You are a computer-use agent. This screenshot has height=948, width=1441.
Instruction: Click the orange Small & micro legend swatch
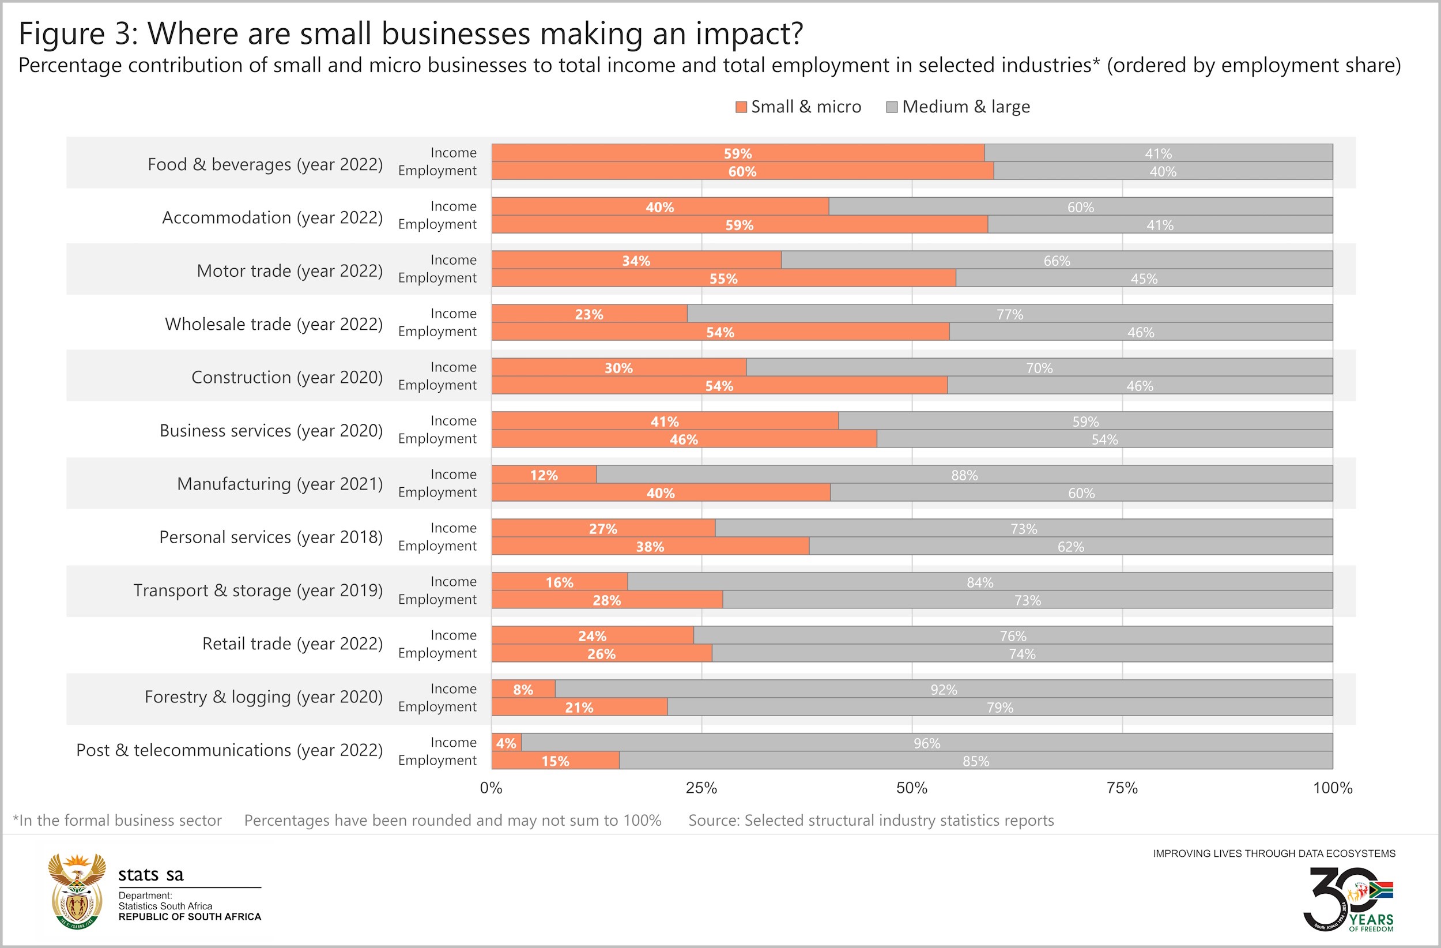(741, 107)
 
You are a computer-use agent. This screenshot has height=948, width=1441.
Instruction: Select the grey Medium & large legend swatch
(891, 107)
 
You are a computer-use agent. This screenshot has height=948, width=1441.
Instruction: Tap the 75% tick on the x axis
(1122, 788)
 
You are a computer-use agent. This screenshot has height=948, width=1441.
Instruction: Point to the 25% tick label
(701, 788)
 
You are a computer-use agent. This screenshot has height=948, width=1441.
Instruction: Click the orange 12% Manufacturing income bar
(544, 475)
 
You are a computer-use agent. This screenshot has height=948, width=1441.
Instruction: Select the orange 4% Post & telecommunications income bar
(506, 743)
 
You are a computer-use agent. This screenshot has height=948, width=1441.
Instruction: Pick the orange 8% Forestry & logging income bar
(523, 689)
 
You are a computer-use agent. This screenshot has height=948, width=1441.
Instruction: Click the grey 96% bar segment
(926, 743)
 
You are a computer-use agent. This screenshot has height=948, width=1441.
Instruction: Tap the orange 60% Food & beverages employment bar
(742, 171)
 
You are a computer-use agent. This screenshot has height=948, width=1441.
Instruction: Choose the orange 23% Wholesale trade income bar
(589, 314)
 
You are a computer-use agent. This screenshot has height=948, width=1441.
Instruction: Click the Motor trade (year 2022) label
(289, 270)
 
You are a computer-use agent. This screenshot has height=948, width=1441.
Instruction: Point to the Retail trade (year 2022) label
(292, 644)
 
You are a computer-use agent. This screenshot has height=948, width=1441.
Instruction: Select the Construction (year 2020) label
(287, 377)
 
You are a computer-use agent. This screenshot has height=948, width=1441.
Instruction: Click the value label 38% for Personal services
(650, 547)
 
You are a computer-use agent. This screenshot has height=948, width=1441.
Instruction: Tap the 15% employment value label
(555, 761)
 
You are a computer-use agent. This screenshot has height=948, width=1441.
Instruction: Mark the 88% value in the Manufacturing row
(964, 475)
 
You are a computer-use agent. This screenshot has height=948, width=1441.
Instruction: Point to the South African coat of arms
(77, 891)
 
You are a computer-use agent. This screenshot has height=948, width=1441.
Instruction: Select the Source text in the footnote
(871, 820)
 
